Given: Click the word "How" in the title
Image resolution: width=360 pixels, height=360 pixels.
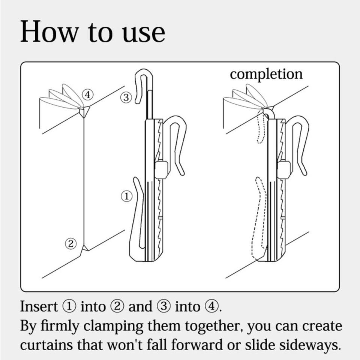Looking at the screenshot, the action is tap(49, 31).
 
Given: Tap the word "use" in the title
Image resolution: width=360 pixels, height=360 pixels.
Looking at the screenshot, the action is tap(143, 33).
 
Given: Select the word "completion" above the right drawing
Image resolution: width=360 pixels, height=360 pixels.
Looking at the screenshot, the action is tap(266, 75).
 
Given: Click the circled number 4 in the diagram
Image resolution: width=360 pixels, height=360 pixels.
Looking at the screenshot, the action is tap(87, 94).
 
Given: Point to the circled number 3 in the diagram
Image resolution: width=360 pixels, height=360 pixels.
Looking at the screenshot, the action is tap(126, 97).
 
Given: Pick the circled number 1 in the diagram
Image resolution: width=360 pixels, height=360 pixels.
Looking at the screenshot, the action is tap(126, 196).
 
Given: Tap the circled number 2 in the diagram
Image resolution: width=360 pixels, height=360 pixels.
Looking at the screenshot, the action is tap(71, 243).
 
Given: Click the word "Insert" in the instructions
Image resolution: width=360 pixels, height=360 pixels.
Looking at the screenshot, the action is tap(39, 306).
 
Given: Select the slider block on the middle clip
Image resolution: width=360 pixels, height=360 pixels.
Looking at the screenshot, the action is tap(161, 169).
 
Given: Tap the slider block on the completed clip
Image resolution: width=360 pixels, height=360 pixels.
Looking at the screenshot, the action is tap(284, 169).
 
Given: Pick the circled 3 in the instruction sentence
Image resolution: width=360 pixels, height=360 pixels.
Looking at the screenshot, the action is tap(163, 306).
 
